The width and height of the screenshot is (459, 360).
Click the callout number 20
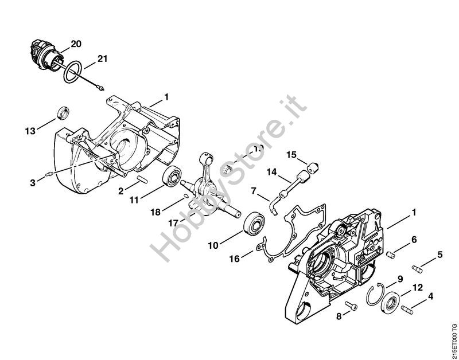pos(76,43)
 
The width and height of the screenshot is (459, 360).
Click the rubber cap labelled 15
pos(313,167)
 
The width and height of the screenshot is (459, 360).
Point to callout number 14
pos(271,171)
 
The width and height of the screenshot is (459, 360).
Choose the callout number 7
pos(254,190)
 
